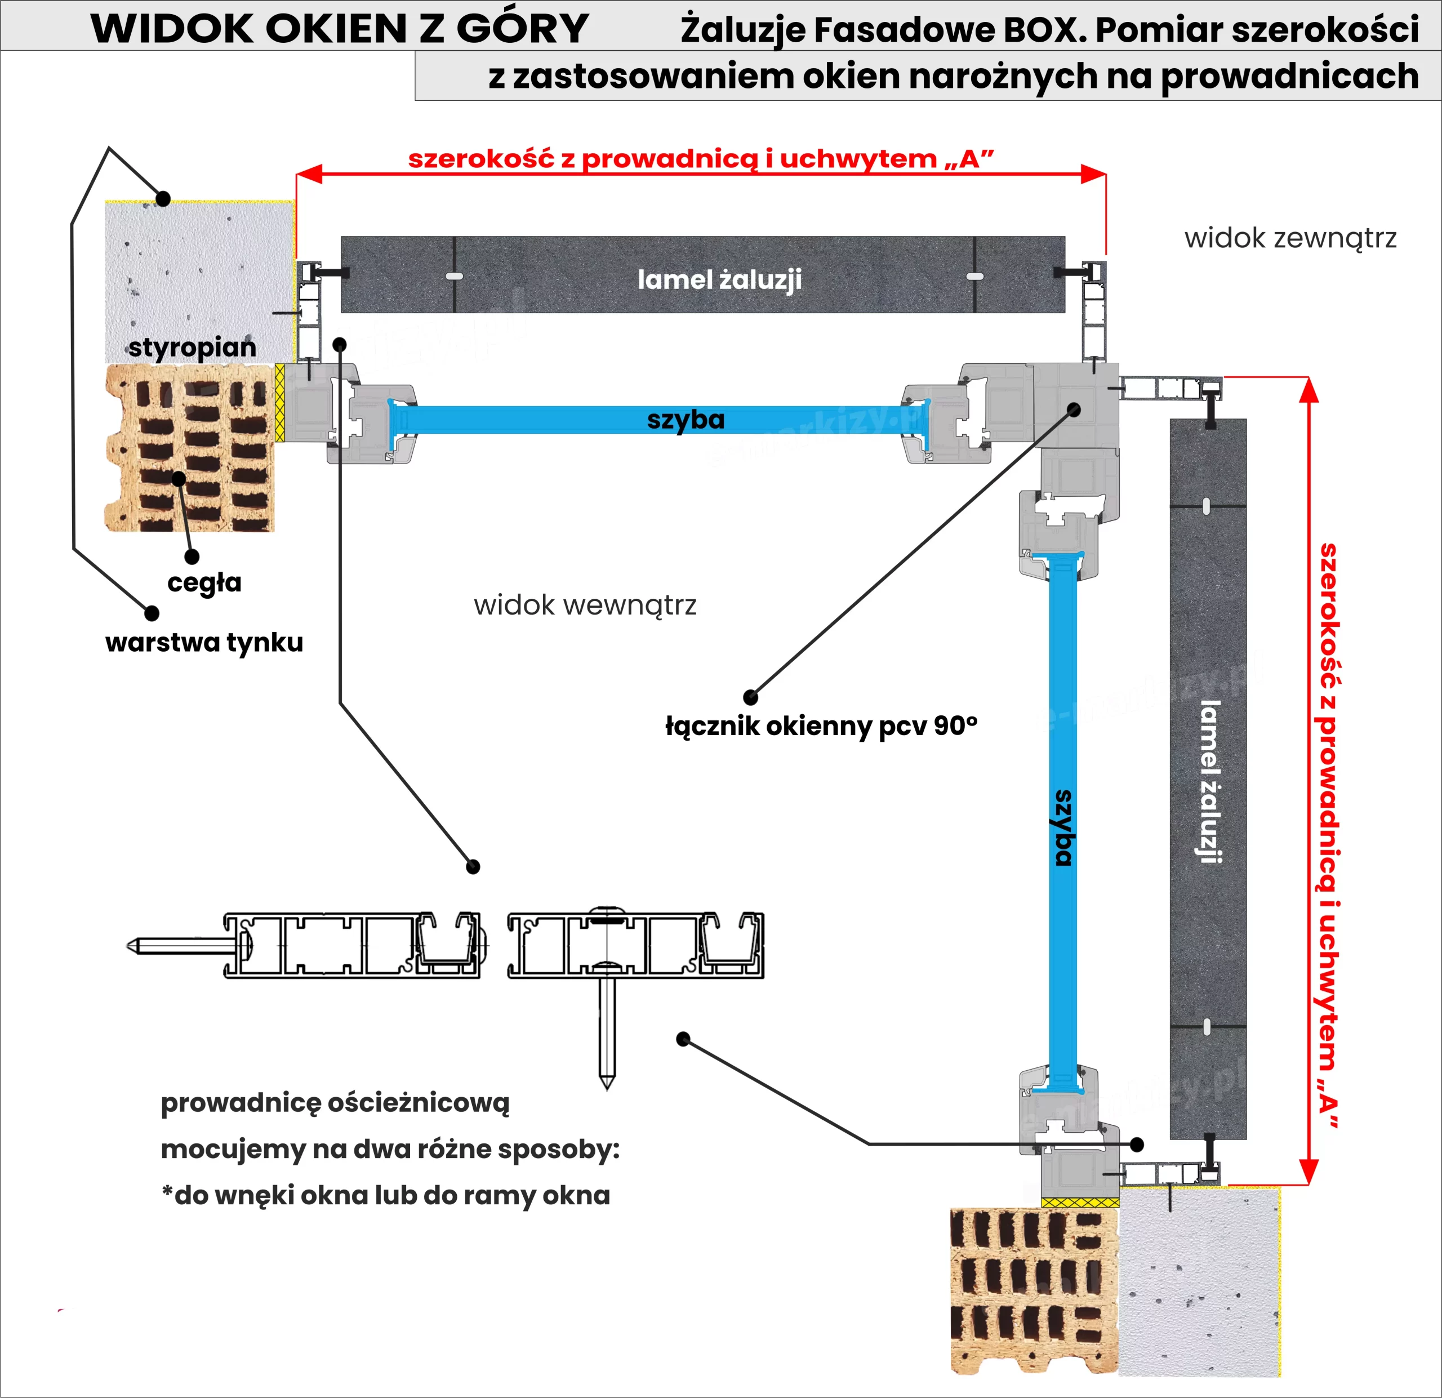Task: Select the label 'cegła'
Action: pyautogui.click(x=204, y=582)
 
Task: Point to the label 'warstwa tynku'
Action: pyautogui.click(x=204, y=642)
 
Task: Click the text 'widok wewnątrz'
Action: pyautogui.click(x=585, y=605)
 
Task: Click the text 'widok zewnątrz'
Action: pyautogui.click(x=1290, y=238)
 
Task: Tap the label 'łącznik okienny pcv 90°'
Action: pyautogui.click(x=821, y=726)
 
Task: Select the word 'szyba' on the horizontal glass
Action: pyautogui.click(x=686, y=420)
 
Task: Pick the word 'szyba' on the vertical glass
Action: pyautogui.click(x=1063, y=828)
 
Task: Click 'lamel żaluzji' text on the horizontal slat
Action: pyautogui.click(x=719, y=279)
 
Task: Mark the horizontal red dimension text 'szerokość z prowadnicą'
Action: pyautogui.click(x=700, y=159)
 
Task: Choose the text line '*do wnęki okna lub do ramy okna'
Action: pyautogui.click(x=385, y=1195)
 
